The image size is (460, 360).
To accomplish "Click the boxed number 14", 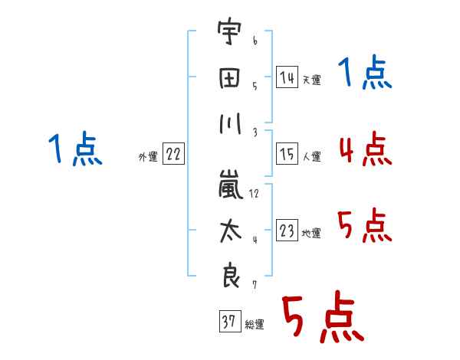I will click(287, 77).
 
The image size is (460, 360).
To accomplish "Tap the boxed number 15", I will click(287, 154).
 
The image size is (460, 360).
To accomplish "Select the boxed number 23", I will click(287, 231).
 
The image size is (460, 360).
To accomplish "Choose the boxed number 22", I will click(173, 155).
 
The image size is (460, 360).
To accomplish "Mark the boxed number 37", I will click(229, 322).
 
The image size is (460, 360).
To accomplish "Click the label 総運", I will click(254, 325).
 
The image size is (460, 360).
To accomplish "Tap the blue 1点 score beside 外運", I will click(75, 149).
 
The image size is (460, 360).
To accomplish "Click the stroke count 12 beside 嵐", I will click(255, 193).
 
